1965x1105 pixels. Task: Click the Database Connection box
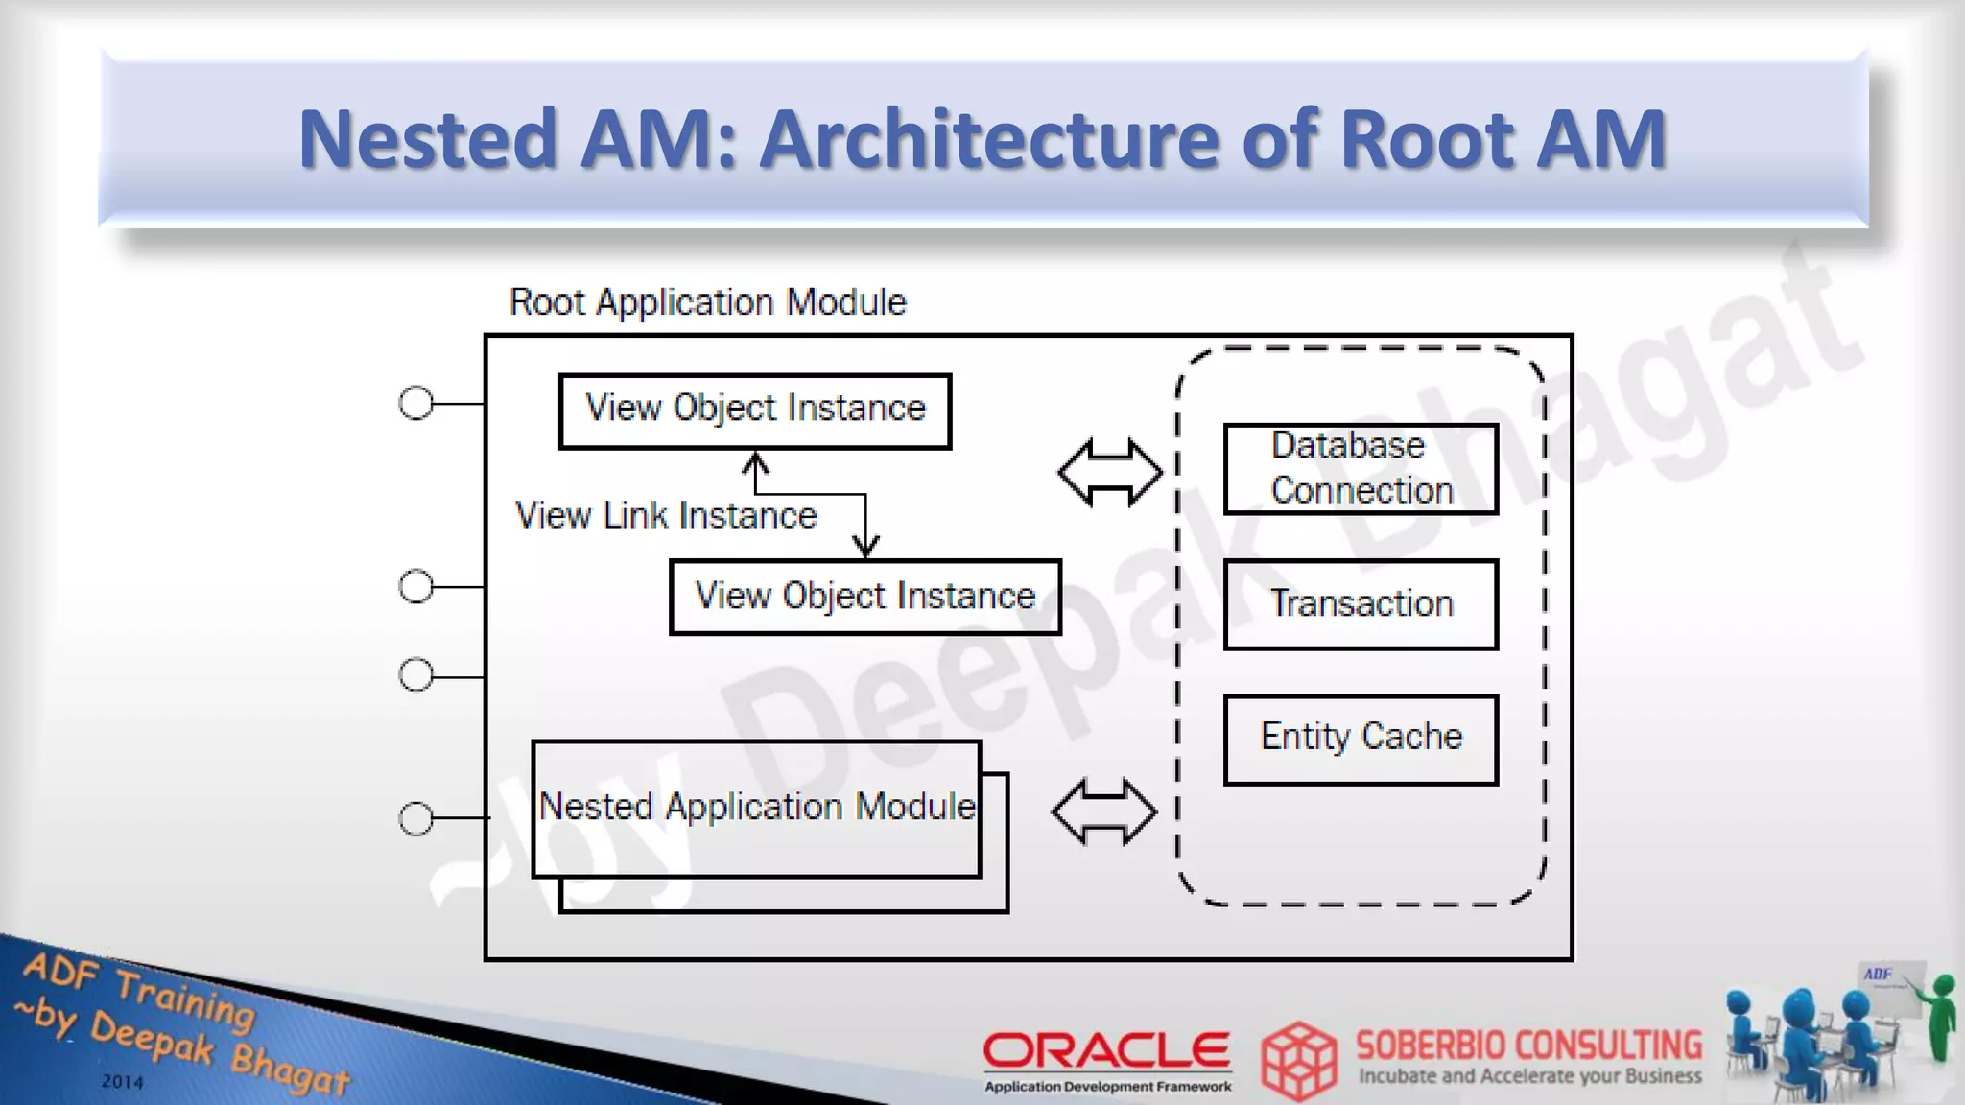[x=1361, y=469]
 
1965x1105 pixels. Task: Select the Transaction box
[x=1361, y=604]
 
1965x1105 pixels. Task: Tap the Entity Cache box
[x=1361, y=739]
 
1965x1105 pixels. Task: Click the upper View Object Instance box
[x=755, y=411]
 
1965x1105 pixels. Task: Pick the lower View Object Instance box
[x=864, y=597]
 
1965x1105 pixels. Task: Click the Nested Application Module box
[x=756, y=809]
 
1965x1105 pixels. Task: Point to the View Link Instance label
[x=666, y=516]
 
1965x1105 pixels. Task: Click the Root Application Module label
[x=707, y=302]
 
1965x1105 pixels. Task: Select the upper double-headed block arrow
[x=1110, y=472]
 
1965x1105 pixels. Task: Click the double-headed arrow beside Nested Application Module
[x=1104, y=811]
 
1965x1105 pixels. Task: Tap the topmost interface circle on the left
[x=415, y=404]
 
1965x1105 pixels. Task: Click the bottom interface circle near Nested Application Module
[x=415, y=818]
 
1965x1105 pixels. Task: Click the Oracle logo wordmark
[x=1106, y=1050]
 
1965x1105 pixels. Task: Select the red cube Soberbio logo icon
[x=1298, y=1060]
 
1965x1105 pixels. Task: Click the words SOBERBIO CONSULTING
[x=1528, y=1045]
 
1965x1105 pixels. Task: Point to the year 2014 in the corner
[x=123, y=1082]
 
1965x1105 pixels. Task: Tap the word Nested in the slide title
[x=428, y=139]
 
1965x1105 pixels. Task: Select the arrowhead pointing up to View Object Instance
[x=756, y=463]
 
